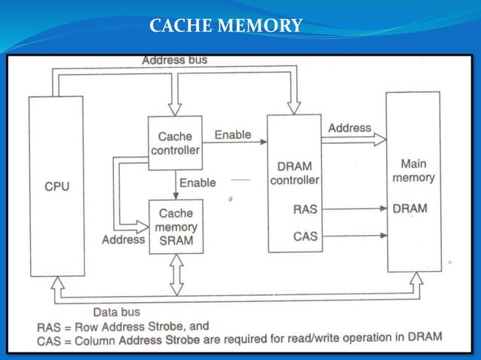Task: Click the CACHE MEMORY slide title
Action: tap(225, 27)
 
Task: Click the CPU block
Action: tap(57, 185)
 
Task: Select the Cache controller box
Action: tap(175, 142)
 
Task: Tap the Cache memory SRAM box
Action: tap(176, 226)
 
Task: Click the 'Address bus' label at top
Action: tap(174, 59)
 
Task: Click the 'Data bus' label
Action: tap(116, 310)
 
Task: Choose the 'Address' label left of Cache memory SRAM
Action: tap(123, 239)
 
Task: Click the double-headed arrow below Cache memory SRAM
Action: tap(176, 274)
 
